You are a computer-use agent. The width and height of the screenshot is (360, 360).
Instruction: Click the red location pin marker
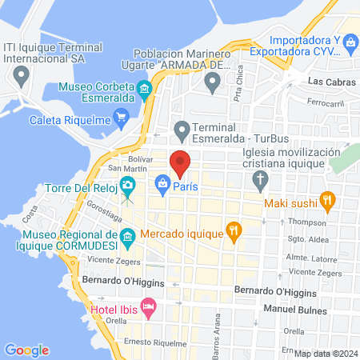[x=180, y=162]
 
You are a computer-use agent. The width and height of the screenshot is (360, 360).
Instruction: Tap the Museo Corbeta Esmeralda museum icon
[x=144, y=89]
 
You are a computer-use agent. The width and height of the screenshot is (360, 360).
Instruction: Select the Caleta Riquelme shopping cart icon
[x=121, y=120]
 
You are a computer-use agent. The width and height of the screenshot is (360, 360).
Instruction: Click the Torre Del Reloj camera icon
[x=127, y=186]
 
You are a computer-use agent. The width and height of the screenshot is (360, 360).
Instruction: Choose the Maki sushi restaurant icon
[x=326, y=200]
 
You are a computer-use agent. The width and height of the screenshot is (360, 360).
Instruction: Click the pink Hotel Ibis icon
[x=148, y=307]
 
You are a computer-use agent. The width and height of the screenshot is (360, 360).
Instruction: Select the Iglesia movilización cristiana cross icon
[x=259, y=180]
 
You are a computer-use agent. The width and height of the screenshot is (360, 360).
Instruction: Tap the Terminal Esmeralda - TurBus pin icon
[x=182, y=127]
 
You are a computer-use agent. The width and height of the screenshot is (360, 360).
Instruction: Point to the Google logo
[x=26, y=350]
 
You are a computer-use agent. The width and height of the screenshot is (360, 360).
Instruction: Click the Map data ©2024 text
[x=325, y=353]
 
